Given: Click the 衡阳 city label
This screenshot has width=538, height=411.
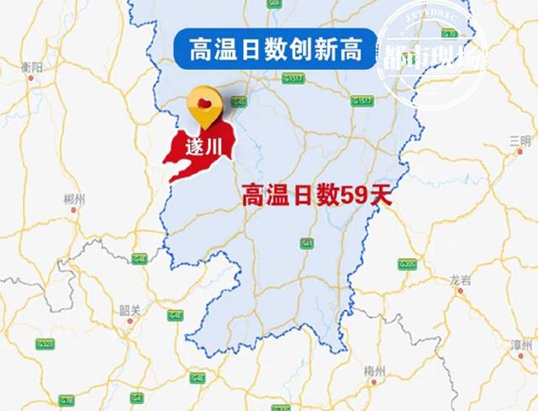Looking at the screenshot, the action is tap(32, 66).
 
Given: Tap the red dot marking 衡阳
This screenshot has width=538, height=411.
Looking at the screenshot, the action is tap(31, 78).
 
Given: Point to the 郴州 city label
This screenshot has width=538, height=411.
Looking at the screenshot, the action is tap(75, 199).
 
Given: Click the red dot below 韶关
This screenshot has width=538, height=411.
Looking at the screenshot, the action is tap(129, 320).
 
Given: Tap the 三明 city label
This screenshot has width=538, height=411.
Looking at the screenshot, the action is tap(520, 139).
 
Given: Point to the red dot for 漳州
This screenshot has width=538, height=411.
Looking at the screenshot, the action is tap(520, 357).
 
